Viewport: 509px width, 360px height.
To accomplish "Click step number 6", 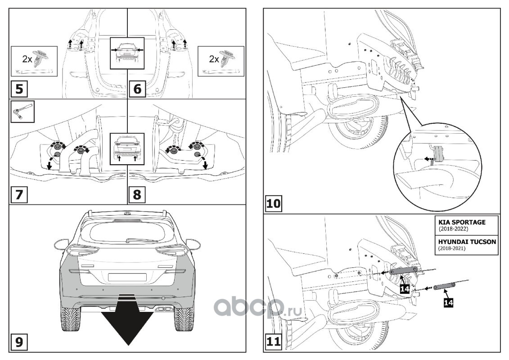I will tap(138, 88).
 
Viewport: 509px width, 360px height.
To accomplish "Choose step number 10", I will tap(274, 203).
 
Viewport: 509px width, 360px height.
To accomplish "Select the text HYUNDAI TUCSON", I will tap(468, 242).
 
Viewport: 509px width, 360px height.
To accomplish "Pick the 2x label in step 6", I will tap(213, 58).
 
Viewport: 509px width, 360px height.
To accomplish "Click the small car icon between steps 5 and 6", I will tap(128, 52).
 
